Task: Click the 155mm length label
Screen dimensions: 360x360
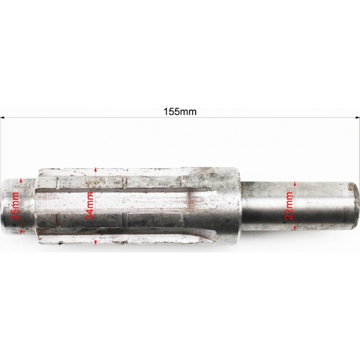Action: (180, 112)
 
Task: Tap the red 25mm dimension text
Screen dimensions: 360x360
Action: (16, 206)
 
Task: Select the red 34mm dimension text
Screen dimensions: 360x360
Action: (90, 206)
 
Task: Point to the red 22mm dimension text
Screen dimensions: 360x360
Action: (289, 206)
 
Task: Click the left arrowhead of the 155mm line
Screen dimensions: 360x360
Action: (2, 118)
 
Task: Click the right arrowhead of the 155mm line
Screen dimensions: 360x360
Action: (358, 117)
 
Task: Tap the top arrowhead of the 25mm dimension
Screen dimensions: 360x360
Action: (21, 180)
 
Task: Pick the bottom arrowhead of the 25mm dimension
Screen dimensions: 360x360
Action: (21, 232)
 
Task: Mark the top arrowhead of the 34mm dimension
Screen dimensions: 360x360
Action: (95, 170)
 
